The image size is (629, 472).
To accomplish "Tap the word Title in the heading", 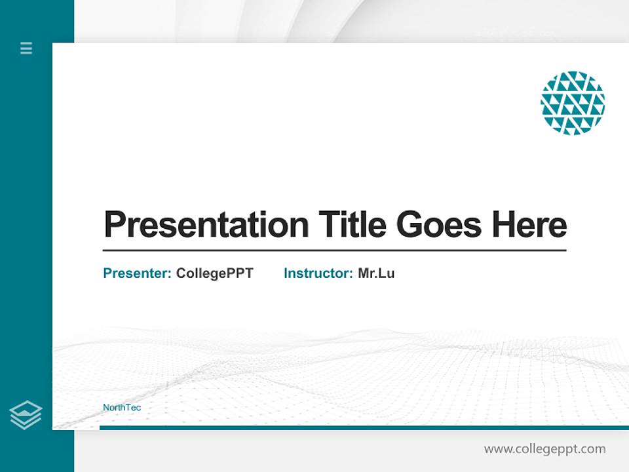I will [x=353, y=224].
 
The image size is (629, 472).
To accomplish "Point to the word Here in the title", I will [x=529, y=224].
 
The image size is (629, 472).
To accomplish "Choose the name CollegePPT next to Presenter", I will [x=214, y=273].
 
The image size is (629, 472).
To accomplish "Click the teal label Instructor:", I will [x=318, y=273].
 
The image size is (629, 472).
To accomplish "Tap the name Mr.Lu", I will [x=376, y=273].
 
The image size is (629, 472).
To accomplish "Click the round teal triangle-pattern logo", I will [x=573, y=103].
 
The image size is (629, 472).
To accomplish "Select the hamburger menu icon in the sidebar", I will [x=26, y=48].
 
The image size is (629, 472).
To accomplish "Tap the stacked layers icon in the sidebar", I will [x=26, y=415].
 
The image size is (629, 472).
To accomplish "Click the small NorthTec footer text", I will [x=122, y=408].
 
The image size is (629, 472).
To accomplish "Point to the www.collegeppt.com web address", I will [x=544, y=449].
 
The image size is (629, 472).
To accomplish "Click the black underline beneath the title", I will [x=334, y=250].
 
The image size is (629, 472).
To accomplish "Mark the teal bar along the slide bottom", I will [x=364, y=427].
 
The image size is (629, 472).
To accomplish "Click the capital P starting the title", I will [x=114, y=224].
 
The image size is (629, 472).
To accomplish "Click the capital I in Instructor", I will [x=286, y=273].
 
